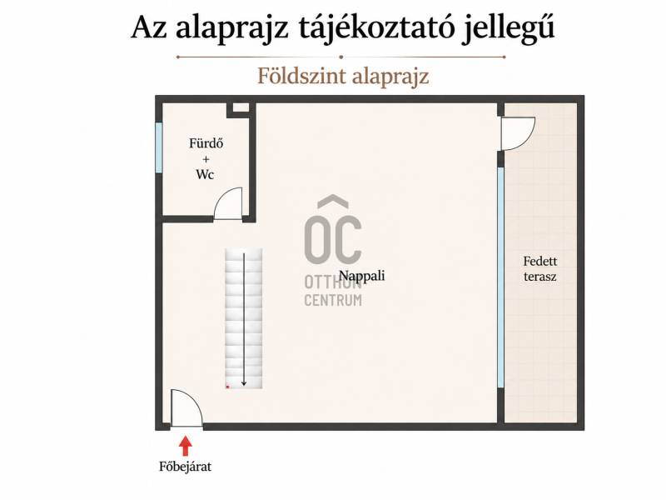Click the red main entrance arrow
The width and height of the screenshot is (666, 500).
185,446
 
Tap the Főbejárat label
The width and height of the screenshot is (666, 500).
185,467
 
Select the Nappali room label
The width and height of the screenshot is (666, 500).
362,276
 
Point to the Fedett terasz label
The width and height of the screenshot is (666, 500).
539,268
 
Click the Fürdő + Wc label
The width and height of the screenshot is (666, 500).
206,158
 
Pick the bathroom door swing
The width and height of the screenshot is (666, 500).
228,203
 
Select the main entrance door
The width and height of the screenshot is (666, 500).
186,407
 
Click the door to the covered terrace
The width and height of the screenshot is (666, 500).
518,134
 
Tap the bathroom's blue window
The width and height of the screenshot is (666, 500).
159,147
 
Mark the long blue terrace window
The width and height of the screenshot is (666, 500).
501,277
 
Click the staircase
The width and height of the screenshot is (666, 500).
244,318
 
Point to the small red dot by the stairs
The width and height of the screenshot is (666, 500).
227,387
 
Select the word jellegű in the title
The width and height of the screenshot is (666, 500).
508,28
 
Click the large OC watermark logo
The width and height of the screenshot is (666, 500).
333,229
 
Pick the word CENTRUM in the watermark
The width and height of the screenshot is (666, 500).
333,300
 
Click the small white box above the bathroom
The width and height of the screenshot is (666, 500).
241,107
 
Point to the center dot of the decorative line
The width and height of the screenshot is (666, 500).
341,57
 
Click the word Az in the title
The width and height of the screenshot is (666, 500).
149,28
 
